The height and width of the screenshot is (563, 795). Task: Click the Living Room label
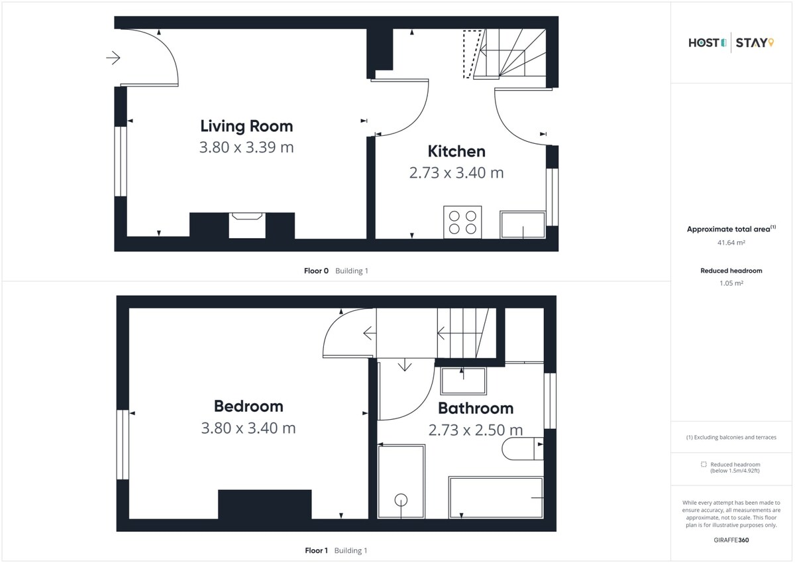point(246,126)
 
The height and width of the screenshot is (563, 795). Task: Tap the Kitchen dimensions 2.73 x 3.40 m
point(456,173)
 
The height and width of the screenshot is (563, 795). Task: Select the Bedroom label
point(248,407)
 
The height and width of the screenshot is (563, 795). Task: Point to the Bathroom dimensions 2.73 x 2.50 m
point(476,430)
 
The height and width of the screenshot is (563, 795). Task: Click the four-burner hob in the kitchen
point(462,222)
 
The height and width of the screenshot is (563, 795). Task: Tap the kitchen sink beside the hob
point(523,225)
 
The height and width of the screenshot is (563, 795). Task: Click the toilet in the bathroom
point(523,449)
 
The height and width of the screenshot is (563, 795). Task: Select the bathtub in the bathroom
point(496,497)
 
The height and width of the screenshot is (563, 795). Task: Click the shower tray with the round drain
point(401,481)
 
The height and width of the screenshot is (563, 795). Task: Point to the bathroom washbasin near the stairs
point(463,381)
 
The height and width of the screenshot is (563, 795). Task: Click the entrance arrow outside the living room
point(113,58)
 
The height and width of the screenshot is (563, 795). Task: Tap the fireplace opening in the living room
point(247,225)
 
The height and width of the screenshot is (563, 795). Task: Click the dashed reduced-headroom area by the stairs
point(472,54)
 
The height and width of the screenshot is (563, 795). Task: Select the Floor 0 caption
point(316,271)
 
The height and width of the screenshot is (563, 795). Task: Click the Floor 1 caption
point(316,550)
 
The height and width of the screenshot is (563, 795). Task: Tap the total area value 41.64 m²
point(731,243)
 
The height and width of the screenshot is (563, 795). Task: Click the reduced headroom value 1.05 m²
point(731,283)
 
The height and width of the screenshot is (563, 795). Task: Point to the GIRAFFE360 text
point(731,540)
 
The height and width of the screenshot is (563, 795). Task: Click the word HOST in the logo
point(704,43)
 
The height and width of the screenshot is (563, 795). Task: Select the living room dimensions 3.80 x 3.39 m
point(246,147)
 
